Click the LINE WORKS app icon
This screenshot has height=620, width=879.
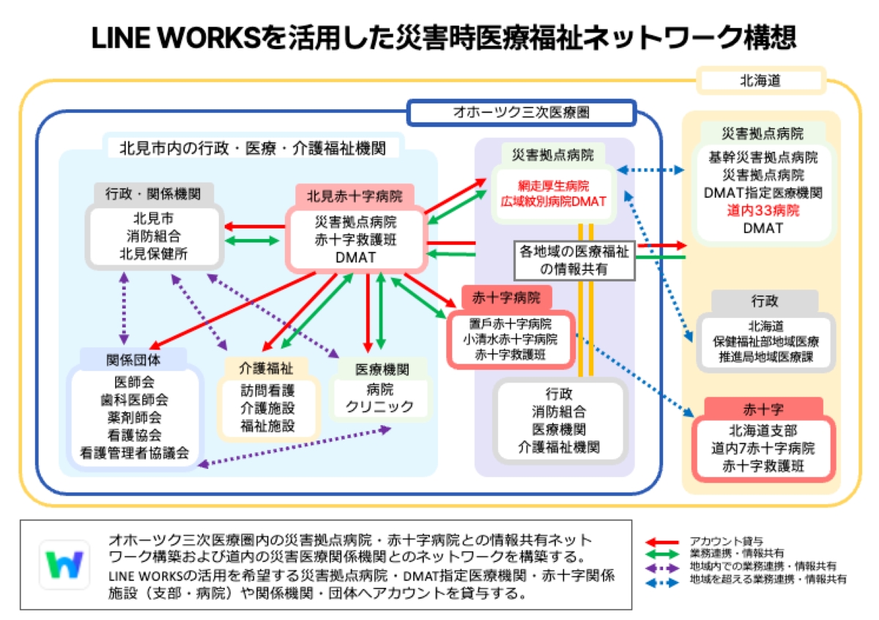[x=64, y=564]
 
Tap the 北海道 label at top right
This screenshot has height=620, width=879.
[x=760, y=80]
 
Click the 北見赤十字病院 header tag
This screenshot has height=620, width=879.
[x=355, y=196]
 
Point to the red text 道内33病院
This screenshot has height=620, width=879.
[x=763, y=211]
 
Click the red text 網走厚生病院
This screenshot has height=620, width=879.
[x=555, y=185]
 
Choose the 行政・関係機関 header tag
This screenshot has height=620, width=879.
[x=153, y=194]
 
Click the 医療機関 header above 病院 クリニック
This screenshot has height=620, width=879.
[x=382, y=368]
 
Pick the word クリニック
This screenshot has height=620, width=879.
[x=379, y=406]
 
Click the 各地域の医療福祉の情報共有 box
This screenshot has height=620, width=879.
[x=575, y=259]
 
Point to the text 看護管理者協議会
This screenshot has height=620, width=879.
[x=135, y=453]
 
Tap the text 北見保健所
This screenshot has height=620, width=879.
[x=155, y=254]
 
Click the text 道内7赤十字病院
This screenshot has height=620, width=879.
[x=761, y=447]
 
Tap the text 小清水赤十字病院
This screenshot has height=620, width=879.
[x=510, y=339]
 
